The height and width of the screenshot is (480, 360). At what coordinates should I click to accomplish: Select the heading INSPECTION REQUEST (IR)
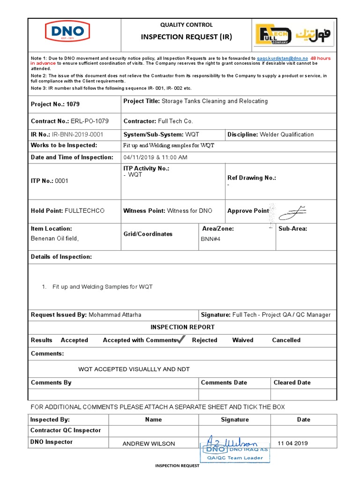tap(187, 37)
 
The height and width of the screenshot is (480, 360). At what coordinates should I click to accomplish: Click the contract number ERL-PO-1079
tap(90, 121)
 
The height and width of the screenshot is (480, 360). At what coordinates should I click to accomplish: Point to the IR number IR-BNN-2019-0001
tap(77, 135)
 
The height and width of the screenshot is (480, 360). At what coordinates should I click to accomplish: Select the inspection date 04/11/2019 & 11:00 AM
tap(155, 157)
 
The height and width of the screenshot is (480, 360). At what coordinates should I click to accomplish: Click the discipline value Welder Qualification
tap(286, 135)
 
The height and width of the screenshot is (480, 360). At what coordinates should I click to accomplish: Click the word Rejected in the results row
tap(204, 340)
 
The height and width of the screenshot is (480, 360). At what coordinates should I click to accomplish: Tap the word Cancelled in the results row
tap(286, 340)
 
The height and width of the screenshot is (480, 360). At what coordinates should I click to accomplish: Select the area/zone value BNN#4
tap(210, 239)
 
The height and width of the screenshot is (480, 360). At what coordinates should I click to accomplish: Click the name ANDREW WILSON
tap(149, 444)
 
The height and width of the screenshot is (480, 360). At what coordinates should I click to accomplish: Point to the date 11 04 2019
tap(293, 443)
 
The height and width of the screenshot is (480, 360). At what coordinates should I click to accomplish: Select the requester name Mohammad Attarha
tap(115, 315)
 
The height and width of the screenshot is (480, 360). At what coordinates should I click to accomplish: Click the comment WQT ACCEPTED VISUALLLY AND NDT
tap(134, 369)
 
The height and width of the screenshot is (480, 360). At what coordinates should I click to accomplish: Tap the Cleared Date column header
tap(292, 382)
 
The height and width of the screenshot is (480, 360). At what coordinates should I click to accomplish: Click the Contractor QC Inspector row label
tap(65, 430)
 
